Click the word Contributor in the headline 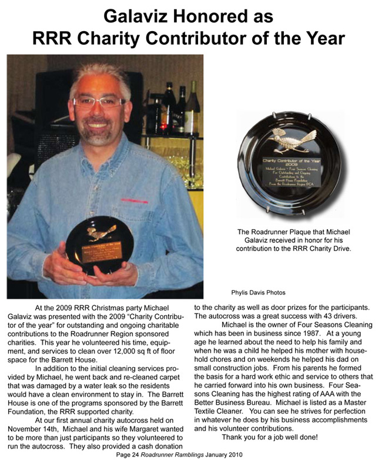[x=203, y=39]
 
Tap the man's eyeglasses [x=99, y=102]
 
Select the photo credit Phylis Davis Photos [x=259, y=292]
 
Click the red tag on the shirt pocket [x=135, y=200]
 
